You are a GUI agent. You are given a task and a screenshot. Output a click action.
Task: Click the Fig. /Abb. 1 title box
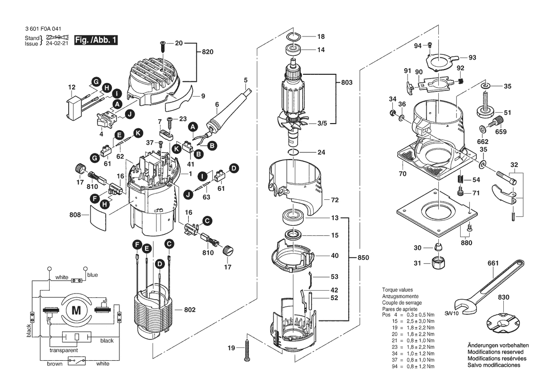tap(92, 41)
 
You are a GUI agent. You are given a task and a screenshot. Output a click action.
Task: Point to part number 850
tap(363, 258)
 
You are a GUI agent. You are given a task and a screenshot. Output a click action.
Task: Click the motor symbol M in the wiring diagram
tap(76, 311)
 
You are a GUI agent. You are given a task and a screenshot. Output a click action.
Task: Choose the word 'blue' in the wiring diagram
tap(92, 275)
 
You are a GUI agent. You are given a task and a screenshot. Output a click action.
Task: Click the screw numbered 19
tap(246, 349)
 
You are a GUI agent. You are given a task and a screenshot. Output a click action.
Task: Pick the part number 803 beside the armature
tap(347, 82)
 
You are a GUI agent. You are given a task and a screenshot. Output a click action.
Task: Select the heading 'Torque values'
tap(397, 290)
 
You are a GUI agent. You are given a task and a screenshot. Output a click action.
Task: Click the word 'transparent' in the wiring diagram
tap(64, 351)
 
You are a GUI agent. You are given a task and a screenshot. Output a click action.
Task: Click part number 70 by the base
tap(403, 174)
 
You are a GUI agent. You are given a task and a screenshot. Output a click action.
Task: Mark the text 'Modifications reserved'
tap(495, 353)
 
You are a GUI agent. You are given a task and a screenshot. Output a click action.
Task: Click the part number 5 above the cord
tap(246, 80)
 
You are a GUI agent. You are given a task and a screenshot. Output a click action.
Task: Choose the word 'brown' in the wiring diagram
tap(54, 364)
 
